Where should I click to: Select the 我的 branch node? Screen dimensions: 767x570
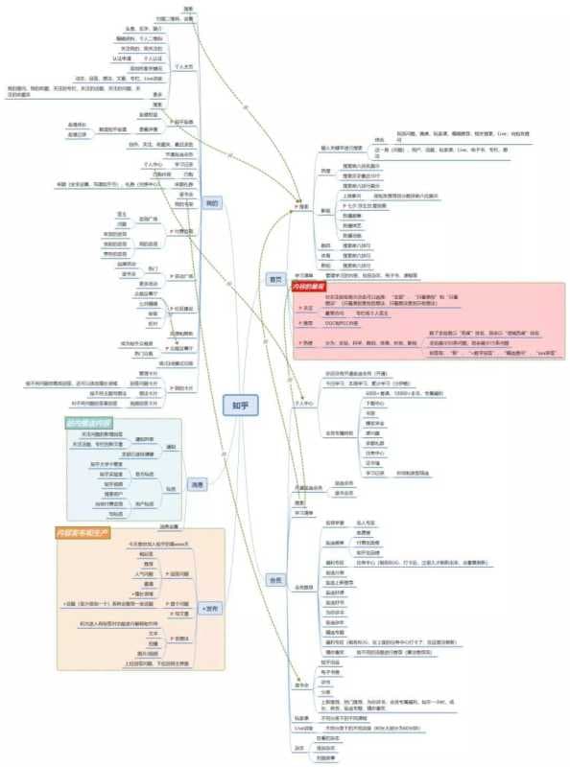[x=212, y=202]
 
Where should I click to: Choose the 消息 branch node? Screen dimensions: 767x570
[x=196, y=483]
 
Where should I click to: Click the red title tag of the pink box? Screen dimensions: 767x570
[x=309, y=287]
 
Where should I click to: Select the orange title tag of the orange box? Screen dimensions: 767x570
[x=83, y=530]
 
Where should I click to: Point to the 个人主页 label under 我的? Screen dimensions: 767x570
[x=183, y=67]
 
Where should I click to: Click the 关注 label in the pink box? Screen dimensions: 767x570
[x=309, y=309]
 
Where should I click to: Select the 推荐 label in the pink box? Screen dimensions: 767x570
[x=309, y=324]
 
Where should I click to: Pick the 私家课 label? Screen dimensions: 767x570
[x=300, y=717]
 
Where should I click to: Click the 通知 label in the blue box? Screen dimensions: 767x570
[x=172, y=447]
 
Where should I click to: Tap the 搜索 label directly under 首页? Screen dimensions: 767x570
[x=304, y=206]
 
